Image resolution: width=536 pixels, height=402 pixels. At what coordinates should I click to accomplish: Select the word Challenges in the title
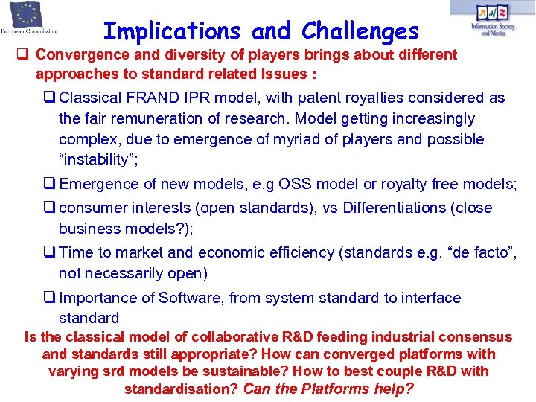360,31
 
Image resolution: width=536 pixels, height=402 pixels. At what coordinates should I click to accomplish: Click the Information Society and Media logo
492,19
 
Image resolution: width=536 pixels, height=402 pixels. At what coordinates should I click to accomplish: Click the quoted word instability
99,160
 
